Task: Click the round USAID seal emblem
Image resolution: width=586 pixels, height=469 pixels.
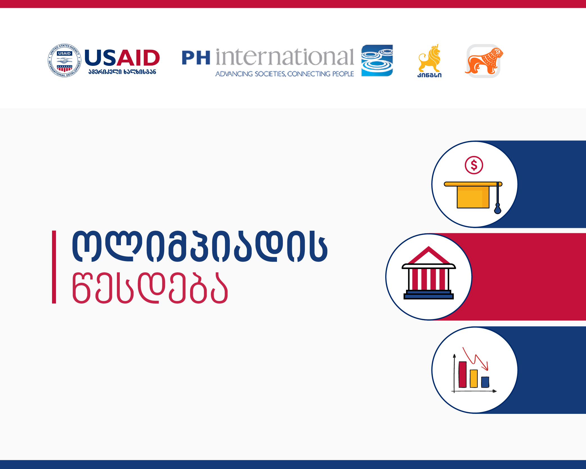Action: point(64,60)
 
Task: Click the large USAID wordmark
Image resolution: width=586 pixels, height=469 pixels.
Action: point(122,57)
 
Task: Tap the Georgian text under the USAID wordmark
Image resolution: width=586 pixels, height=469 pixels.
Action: point(122,72)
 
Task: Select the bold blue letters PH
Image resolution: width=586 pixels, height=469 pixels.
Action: point(196,58)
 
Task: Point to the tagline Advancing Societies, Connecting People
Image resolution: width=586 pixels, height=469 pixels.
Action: point(285,74)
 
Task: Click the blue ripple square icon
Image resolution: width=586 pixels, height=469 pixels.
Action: point(377,60)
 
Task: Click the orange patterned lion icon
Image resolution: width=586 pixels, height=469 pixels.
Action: point(484,61)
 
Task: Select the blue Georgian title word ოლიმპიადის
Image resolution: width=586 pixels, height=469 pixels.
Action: point(200,246)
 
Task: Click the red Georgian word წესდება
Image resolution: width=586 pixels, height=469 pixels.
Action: point(150,288)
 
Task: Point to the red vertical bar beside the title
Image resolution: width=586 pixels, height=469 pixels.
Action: point(54,267)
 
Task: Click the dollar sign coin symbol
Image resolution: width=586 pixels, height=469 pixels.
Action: point(474,165)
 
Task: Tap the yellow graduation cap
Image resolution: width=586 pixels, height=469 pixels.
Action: point(473,195)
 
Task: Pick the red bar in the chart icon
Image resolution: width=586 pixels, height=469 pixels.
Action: point(463,374)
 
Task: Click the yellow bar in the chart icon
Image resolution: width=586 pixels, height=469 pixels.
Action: point(474,379)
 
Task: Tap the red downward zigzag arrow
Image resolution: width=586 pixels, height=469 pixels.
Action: point(475,359)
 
